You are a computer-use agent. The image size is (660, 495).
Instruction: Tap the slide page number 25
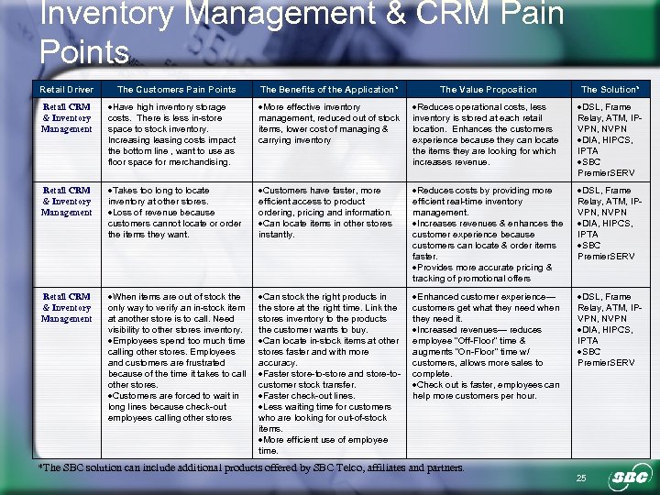pyautogui.click(x=581, y=478)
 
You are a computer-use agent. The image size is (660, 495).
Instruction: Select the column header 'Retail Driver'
pyautogui.click(x=67, y=90)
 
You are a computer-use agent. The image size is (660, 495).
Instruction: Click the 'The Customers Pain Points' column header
pyautogui.click(x=176, y=90)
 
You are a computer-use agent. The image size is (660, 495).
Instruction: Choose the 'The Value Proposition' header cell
pyautogui.click(x=489, y=90)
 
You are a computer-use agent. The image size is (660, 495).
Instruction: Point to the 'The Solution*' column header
pyautogui.click(x=610, y=90)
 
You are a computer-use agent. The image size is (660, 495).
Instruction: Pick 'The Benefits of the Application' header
pyautogui.click(x=328, y=90)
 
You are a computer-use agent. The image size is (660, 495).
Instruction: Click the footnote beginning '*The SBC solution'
pyautogui.click(x=252, y=467)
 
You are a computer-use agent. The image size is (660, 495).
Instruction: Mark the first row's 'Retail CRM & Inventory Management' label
pyautogui.click(x=67, y=118)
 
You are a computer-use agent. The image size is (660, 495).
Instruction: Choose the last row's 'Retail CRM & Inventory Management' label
pyautogui.click(x=67, y=308)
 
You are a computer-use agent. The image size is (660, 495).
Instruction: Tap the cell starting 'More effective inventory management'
pyautogui.click(x=328, y=124)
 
